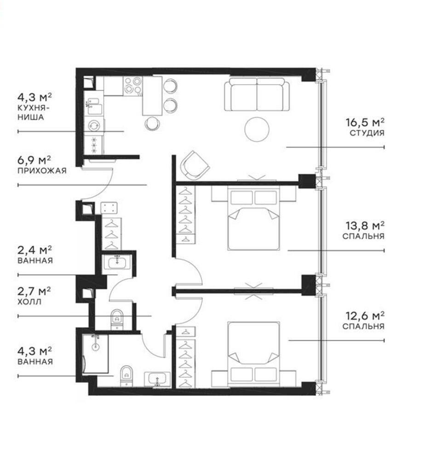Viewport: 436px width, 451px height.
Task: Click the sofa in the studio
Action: click(257, 94)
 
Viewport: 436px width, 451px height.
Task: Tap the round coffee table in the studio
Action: click(257, 129)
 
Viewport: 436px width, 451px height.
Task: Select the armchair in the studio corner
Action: click(195, 165)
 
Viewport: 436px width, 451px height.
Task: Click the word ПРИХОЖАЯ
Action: click(42, 170)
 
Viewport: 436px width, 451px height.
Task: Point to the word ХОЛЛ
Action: click(29, 302)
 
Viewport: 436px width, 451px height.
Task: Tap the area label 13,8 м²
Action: click(365, 226)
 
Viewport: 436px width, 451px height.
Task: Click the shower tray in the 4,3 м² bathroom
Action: click(96, 354)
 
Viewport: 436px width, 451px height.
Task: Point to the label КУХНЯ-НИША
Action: click(31, 112)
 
